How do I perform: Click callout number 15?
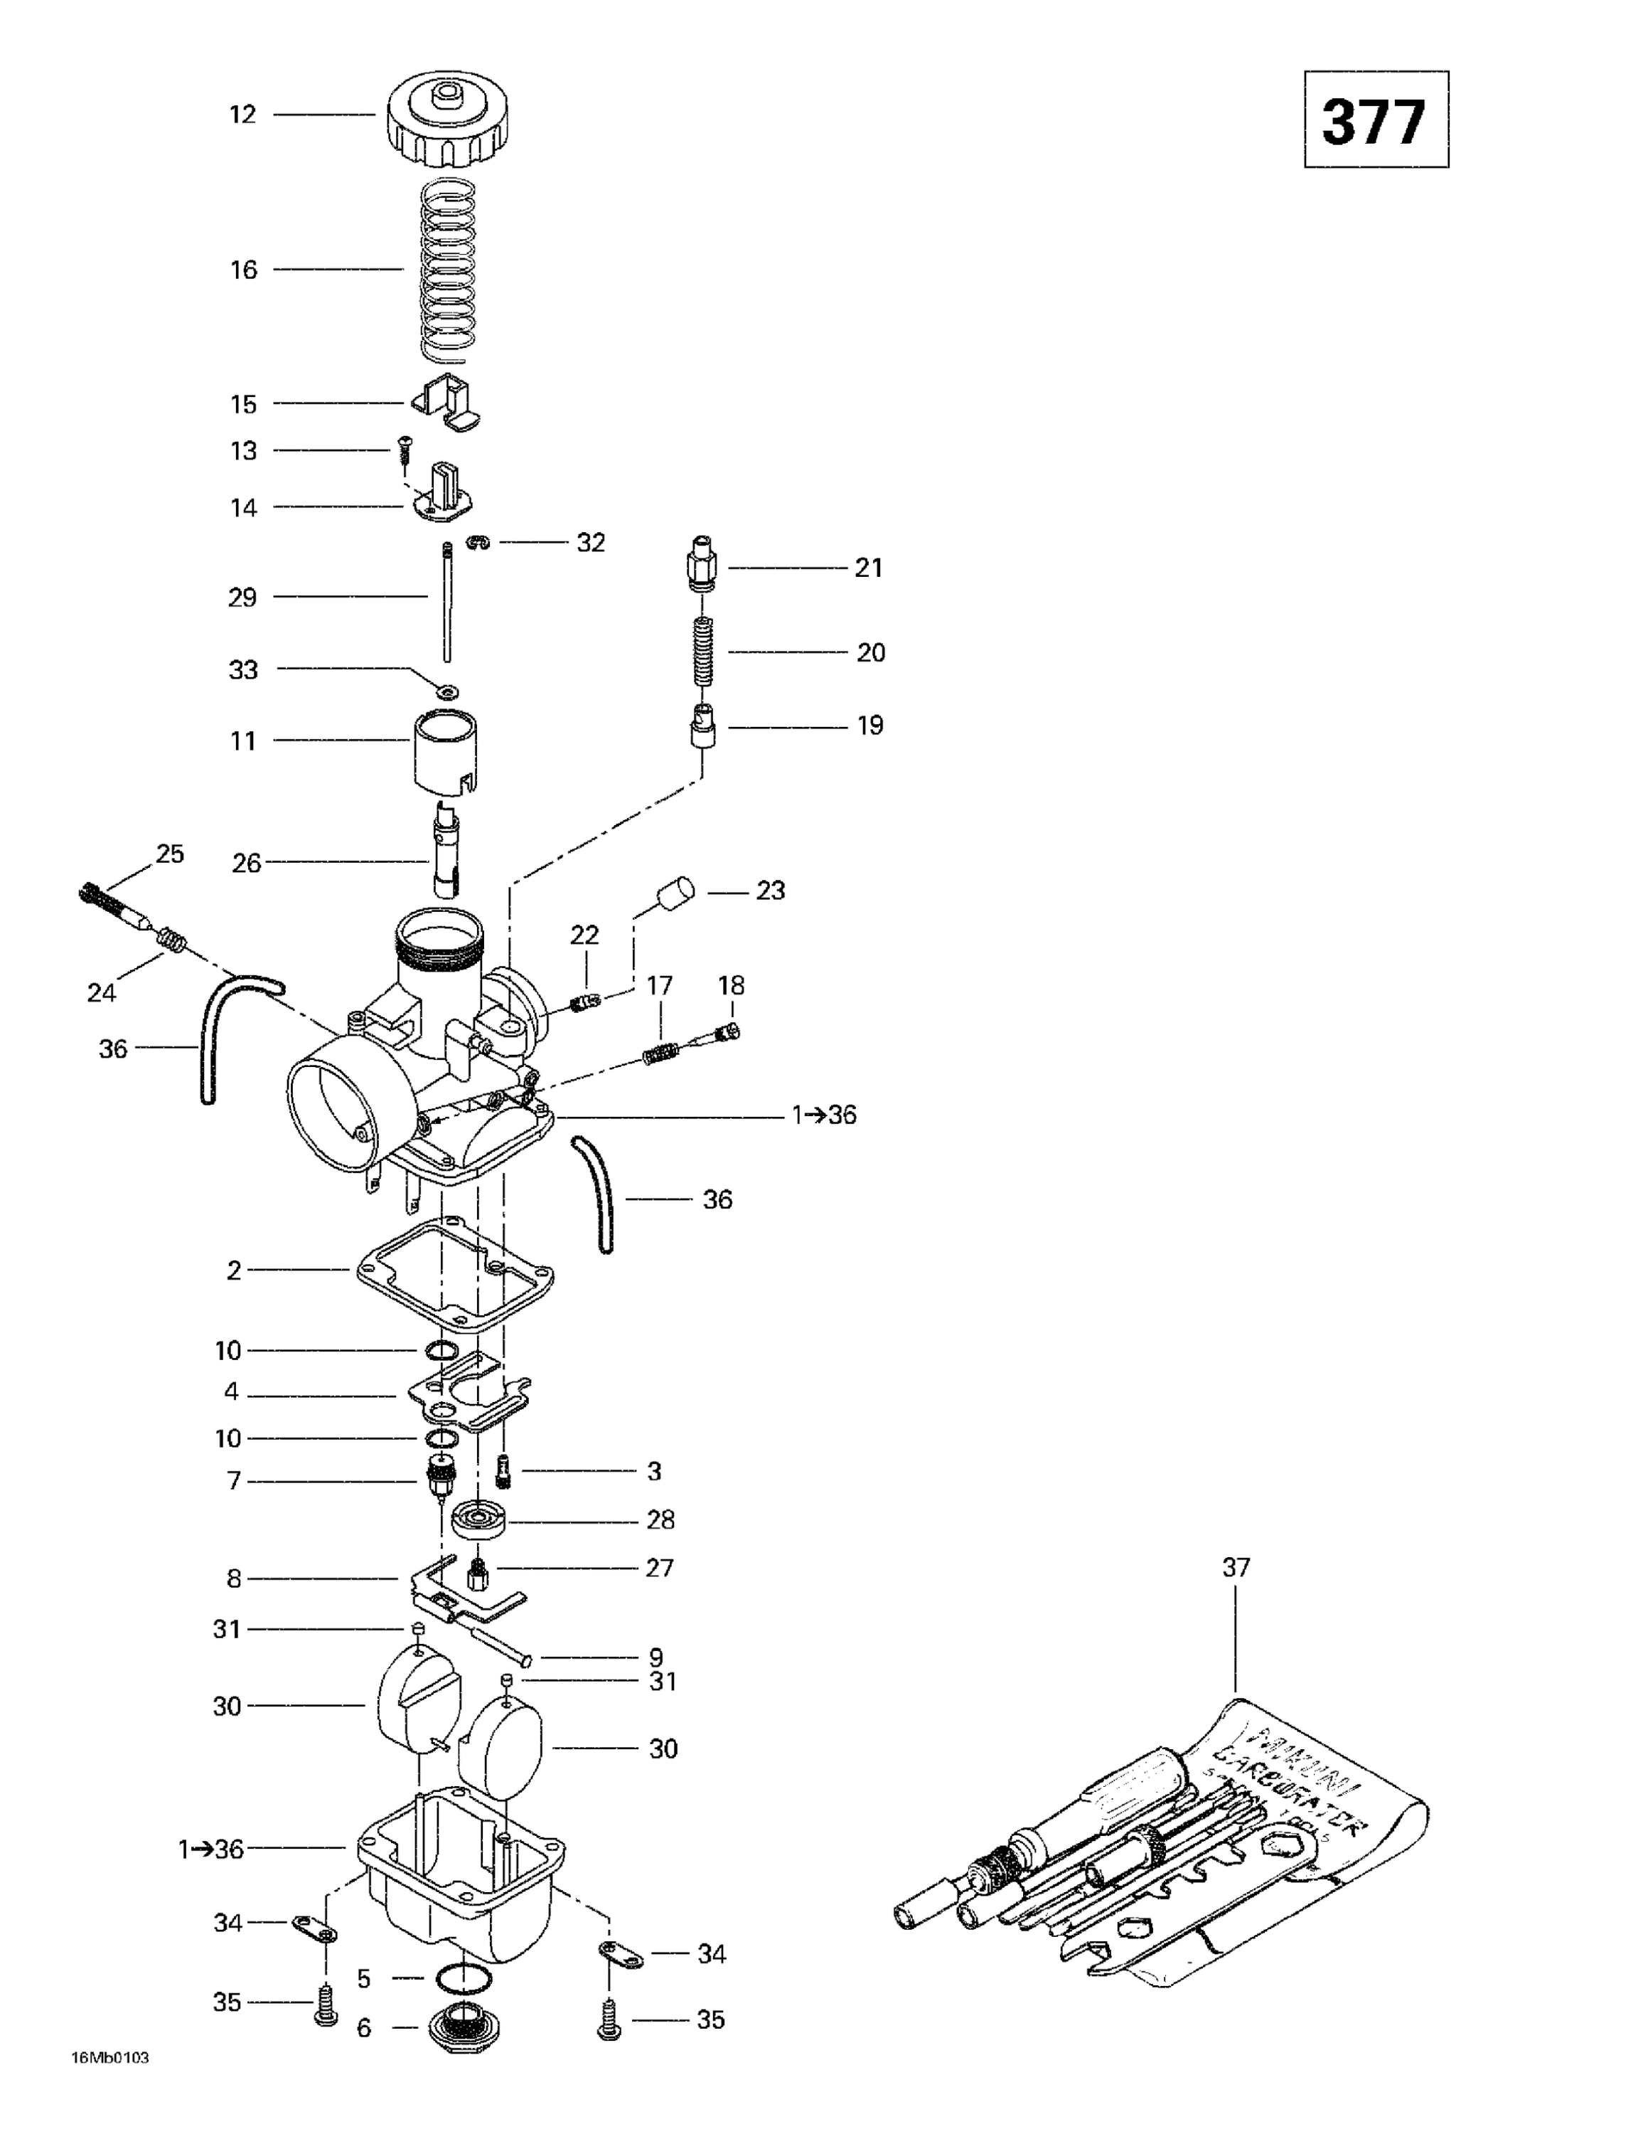tap(243, 403)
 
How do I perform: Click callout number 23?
tap(770, 890)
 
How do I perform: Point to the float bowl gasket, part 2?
tap(454, 1272)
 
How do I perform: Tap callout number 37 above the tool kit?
tap(1236, 1567)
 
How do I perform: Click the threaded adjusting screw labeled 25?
tap(112, 905)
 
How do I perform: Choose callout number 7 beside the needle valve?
tap(233, 1481)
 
